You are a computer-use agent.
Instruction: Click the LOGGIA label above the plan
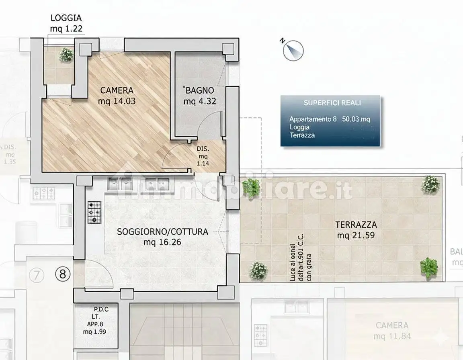click(66, 18)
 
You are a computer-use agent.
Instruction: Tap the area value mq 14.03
click(117, 101)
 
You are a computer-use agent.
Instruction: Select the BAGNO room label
click(199, 91)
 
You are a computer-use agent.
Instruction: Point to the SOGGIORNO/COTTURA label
click(162, 232)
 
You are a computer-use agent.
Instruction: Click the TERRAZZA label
click(356, 225)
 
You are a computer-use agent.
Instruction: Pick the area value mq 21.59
click(356, 235)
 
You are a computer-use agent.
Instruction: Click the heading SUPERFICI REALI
click(332, 103)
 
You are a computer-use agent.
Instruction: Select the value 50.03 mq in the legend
click(356, 119)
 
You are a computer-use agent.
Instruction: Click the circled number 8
click(62, 275)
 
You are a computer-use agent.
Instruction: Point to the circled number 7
click(37, 276)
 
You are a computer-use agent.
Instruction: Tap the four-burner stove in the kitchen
click(94, 212)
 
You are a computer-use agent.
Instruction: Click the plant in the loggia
click(66, 55)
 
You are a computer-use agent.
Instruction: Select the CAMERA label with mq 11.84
click(392, 325)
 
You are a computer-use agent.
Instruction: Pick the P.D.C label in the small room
click(101, 309)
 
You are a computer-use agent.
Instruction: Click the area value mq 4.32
click(200, 101)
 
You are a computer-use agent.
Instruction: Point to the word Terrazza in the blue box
click(302, 135)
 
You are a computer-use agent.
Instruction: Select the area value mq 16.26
click(162, 242)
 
